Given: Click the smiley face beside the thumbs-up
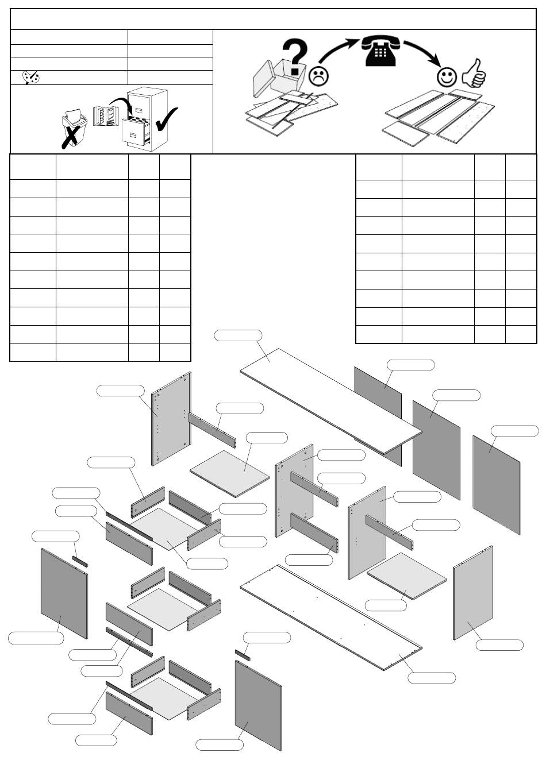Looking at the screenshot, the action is (x=447, y=76).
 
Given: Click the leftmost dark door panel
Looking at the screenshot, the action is (x=64, y=593).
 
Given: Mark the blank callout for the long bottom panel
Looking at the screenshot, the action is (x=432, y=678).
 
